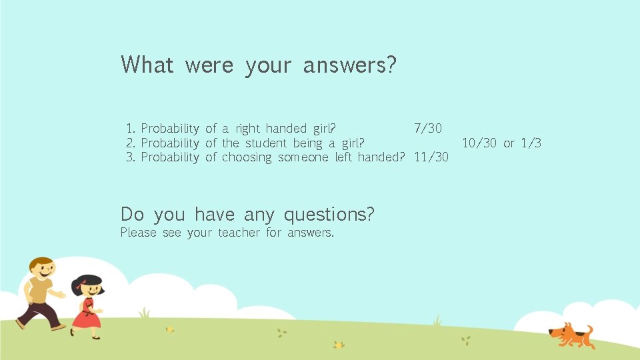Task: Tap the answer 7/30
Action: pyautogui.click(x=427, y=128)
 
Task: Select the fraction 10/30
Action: pyautogui.click(x=479, y=143)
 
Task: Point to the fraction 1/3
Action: pyautogui.click(x=531, y=143)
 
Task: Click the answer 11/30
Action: pyautogui.click(x=431, y=157)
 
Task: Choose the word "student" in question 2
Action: pyautogui.click(x=266, y=143)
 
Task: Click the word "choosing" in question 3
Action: pyautogui.click(x=247, y=158)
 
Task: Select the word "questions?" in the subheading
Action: pyautogui.click(x=329, y=215)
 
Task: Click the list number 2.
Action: pyautogui.click(x=131, y=143)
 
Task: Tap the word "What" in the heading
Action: pyautogui.click(x=147, y=65)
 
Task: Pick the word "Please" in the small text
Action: pyautogui.click(x=138, y=233)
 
